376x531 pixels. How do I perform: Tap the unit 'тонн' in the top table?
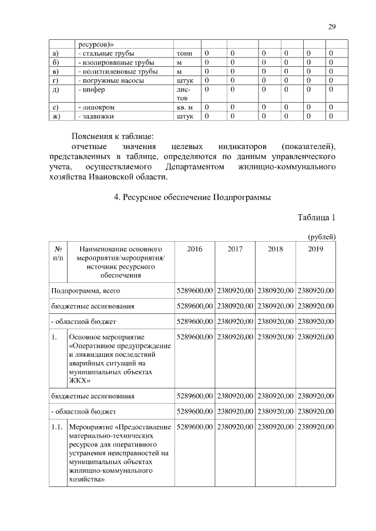[184, 53]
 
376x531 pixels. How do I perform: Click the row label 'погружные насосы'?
[112, 80]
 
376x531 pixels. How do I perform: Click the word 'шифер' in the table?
[92, 90]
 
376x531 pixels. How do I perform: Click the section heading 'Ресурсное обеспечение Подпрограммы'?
[192, 198]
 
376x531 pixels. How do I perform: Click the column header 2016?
[194, 249]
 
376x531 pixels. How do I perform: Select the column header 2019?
[315, 249]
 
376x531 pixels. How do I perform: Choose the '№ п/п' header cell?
[58, 253]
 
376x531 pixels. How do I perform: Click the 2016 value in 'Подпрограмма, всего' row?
[194, 290]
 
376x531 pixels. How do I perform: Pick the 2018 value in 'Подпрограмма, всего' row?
[275, 290]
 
